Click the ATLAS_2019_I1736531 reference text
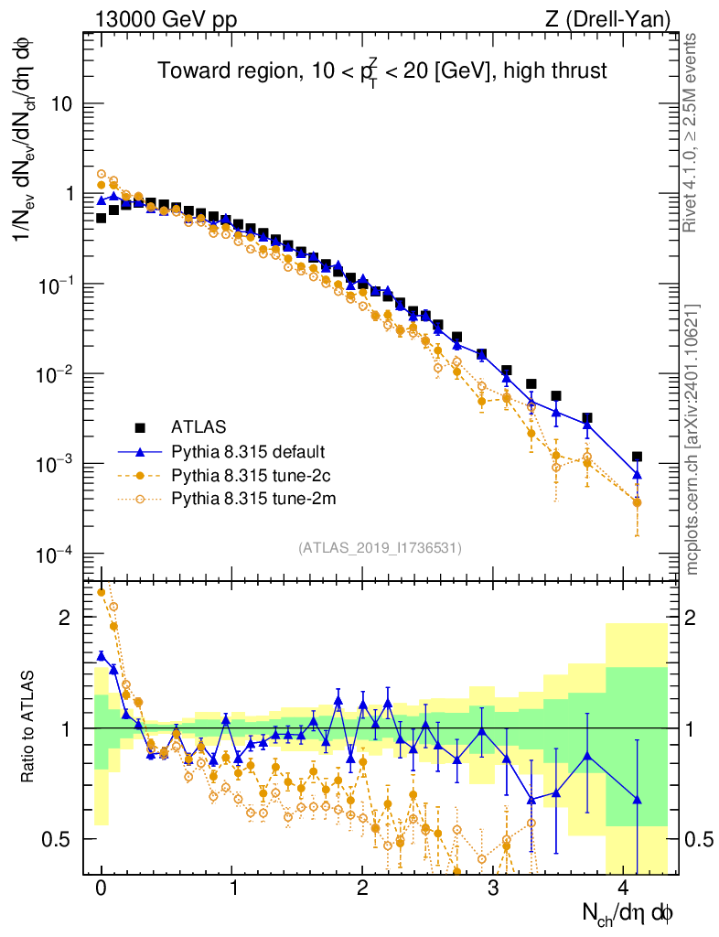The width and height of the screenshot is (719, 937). point(380,548)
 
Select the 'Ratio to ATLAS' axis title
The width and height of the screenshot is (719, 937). point(30,727)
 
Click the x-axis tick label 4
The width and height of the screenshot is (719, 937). point(624,889)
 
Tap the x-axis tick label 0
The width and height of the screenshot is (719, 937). point(102,889)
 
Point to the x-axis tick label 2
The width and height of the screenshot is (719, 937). point(363,889)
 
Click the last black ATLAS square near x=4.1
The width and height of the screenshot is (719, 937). point(637,457)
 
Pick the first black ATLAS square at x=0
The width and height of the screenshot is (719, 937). point(102,218)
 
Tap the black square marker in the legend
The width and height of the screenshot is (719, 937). point(141,427)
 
